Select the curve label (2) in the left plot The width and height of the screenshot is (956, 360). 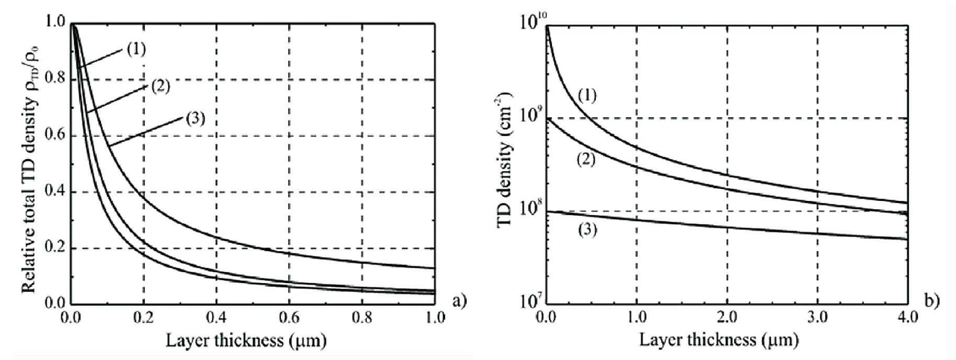coord(159,85)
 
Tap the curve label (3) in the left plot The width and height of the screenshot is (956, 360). coord(193,117)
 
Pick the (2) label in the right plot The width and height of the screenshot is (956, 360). coord(586,160)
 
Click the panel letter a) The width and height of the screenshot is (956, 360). coord(459,302)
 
